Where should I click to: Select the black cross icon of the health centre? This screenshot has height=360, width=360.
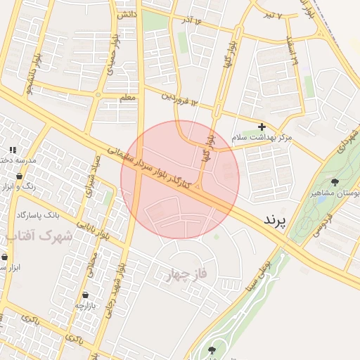coord(262,127)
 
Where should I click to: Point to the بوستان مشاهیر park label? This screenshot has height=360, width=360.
coord(336,193)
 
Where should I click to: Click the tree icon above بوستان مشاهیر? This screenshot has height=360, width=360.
coord(334,181)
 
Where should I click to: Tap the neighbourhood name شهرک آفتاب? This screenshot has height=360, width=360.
coord(41,236)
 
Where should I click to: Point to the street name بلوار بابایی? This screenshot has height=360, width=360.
coord(103,226)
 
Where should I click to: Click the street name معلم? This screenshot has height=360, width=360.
coord(127,98)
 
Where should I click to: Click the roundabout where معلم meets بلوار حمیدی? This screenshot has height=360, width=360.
coord(98,94)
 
